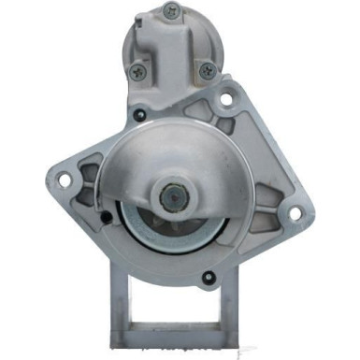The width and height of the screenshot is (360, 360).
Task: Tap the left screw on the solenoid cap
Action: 139,68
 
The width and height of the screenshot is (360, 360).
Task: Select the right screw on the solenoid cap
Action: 208,69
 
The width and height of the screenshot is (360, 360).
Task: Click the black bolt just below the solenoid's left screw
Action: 138,116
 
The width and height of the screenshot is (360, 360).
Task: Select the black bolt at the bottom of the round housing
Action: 208,277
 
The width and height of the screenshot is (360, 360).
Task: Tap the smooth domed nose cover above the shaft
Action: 173,154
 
